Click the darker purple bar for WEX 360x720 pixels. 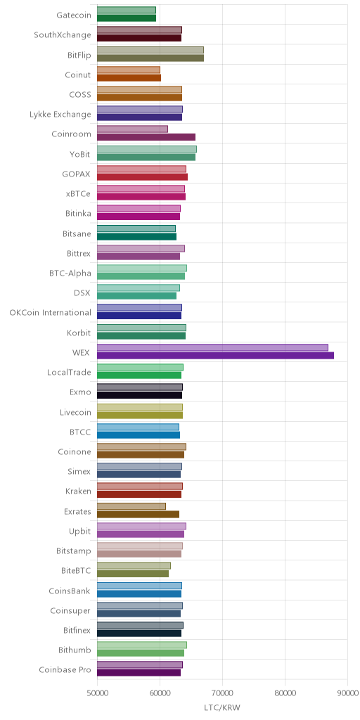coord(215,355)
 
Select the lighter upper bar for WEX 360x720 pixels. coord(212,347)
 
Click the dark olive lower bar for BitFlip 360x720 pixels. coord(150,58)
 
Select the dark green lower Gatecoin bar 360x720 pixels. coord(127,18)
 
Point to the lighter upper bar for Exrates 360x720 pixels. coord(131,506)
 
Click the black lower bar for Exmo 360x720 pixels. coord(140,395)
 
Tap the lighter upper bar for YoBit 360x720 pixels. coord(147,149)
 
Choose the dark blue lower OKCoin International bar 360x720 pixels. coord(139,316)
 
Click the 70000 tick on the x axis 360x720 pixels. coord(222,692)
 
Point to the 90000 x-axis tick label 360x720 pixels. coord(347,692)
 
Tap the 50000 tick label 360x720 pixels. coord(97,692)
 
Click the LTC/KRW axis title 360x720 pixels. coord(222,707)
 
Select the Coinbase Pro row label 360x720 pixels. coord(65,669)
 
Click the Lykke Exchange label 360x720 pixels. coord(60,115)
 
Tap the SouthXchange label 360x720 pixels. coord(63,35)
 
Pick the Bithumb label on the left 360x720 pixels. coord(75,650)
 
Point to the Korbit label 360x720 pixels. coord(79,333)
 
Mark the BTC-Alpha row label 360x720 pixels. coord(70,274)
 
